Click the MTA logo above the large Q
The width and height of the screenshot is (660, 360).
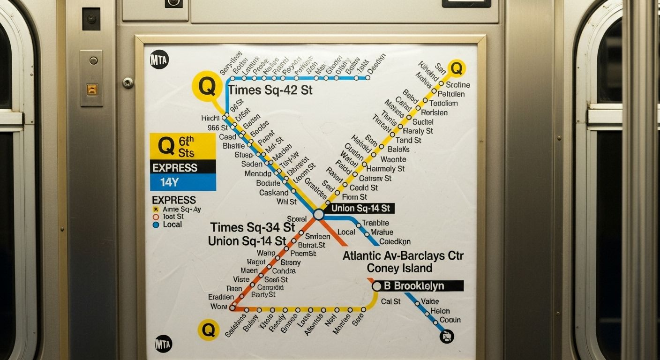tap(159, 60)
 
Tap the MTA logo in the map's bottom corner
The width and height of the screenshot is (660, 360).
tap(163, 344)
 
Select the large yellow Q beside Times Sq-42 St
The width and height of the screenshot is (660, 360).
tap(207, 86)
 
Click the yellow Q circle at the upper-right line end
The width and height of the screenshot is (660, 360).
tap(456, 68)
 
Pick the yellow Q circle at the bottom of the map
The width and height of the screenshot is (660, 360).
tap(209, 330)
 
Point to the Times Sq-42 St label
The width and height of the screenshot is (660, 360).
tap(270, 90)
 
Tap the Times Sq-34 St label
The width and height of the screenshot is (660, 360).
tap(252, 227)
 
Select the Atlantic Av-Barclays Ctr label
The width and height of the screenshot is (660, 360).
tap(403, 256)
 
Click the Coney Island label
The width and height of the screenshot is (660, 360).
tap(399, 268)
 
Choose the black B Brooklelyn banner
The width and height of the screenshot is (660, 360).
tap(419, 286)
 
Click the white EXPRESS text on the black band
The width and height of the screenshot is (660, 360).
tap(175, 167)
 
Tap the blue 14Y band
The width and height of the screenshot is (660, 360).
tap(183, 182)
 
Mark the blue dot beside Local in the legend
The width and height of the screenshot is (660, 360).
tap(156, 225)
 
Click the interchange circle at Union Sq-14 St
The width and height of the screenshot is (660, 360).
tap(319, 215)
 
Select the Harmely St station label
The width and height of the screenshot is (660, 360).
tap(385, 169)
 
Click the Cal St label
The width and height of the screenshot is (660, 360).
tap(390, 301)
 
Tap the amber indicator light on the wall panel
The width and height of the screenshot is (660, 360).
tap(92, 89)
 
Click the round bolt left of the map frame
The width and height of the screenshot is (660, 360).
tap(128, 82)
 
